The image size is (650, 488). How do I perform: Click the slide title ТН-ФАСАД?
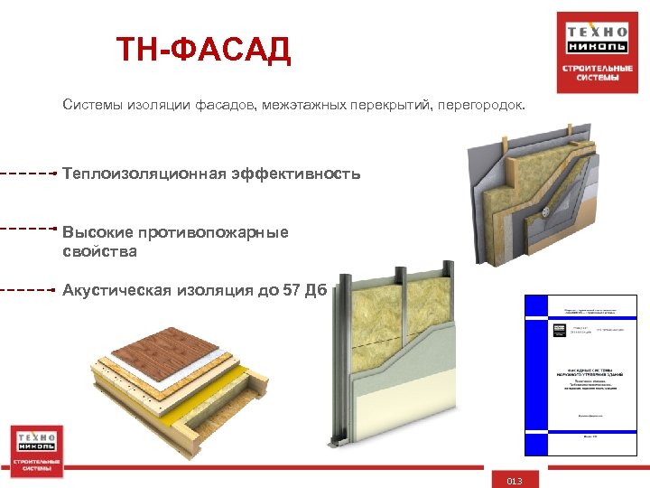203,52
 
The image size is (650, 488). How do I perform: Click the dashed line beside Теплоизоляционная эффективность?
27,172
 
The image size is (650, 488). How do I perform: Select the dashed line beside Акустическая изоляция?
27,289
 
